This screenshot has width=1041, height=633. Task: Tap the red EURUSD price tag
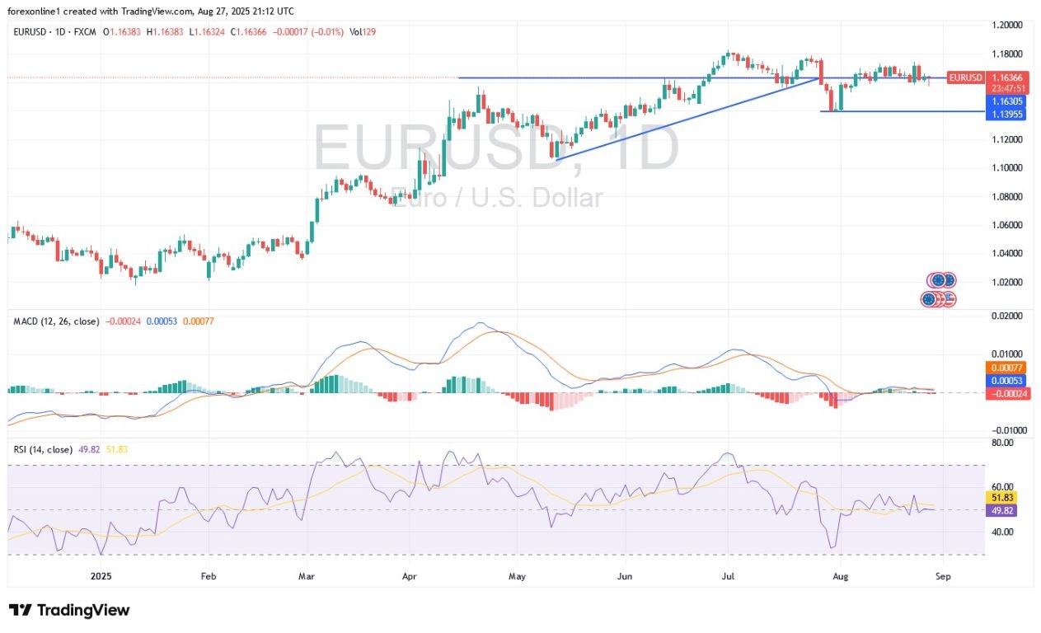(965, 77)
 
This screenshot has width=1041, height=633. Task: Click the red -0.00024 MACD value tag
(1005, 393)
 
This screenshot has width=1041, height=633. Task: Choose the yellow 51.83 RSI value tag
(1000, 498)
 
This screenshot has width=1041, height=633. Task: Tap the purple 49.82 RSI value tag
(1000, 511)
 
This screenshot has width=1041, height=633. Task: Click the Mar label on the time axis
(307, 577)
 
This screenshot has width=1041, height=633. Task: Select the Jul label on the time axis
(729, 577)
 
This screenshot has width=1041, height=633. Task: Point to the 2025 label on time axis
(101, 577)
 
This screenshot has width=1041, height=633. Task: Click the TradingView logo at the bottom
(69, 611)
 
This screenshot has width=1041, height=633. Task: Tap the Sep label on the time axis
(943, 577)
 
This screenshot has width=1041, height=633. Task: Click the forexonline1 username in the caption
(39, 10)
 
